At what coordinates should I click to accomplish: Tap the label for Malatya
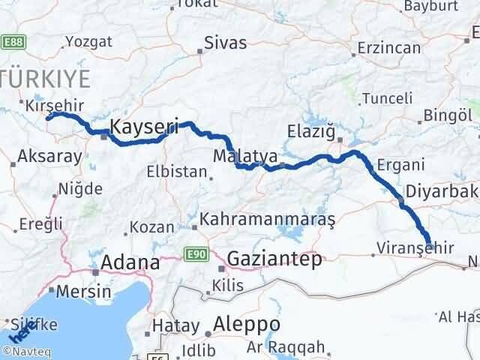[244, 157]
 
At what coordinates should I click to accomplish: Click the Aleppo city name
[247, 325]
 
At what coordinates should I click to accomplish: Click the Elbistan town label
[177, 171]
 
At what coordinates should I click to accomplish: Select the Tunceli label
[387, 98]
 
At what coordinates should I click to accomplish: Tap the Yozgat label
[90, 42]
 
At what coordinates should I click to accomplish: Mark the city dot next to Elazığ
[339, 139]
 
